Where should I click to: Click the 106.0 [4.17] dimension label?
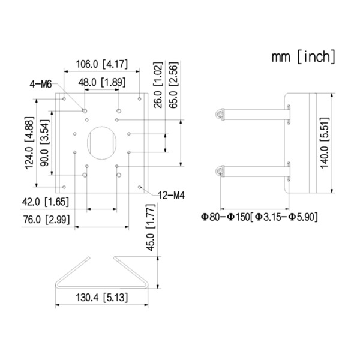[x=101, y=64]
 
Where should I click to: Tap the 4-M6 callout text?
[x=41, y=84]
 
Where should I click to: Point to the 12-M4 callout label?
[x=170, y=194]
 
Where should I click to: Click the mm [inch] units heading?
[x=303, y=58]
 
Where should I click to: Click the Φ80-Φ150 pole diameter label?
[x=259, y=215]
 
